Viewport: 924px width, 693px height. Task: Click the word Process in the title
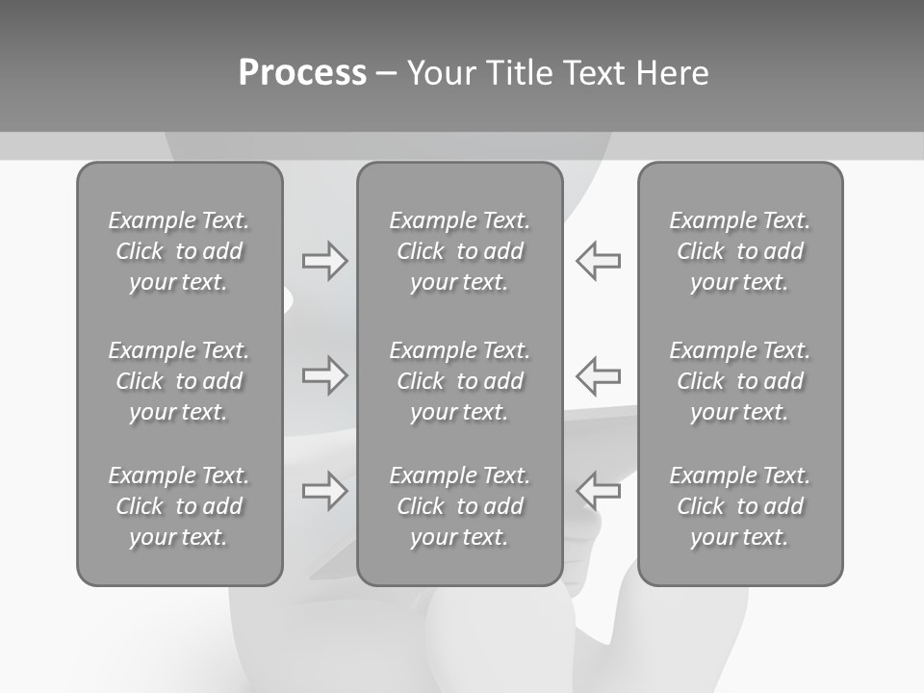click(302, 73)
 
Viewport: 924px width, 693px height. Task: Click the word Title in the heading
click(517, 73)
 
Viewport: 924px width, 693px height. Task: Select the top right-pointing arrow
click(324, 261)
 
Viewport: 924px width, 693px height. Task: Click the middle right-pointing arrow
click(324, 375)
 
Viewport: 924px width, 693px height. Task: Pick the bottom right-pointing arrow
click(324, 491)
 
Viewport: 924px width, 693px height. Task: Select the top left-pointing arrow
click(598, 261)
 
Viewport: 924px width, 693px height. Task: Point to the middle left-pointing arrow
click(598, 375)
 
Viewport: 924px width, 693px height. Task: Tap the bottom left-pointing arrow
click(598, 491)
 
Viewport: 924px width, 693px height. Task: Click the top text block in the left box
click(179, 251)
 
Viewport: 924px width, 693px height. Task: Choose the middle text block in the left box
click(179, 381)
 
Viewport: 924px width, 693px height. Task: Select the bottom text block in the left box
click(179, 506)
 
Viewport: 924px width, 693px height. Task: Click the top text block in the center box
click(459, 251)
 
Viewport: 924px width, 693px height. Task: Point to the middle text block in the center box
click(459, 381)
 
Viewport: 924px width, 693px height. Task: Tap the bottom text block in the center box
click(459, 506)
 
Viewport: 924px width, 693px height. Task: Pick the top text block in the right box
click(739, 251)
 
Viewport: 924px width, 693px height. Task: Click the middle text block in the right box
click(739, 381)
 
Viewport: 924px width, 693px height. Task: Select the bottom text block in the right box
click(739, 506)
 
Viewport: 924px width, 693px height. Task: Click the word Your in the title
click(441, 73)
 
